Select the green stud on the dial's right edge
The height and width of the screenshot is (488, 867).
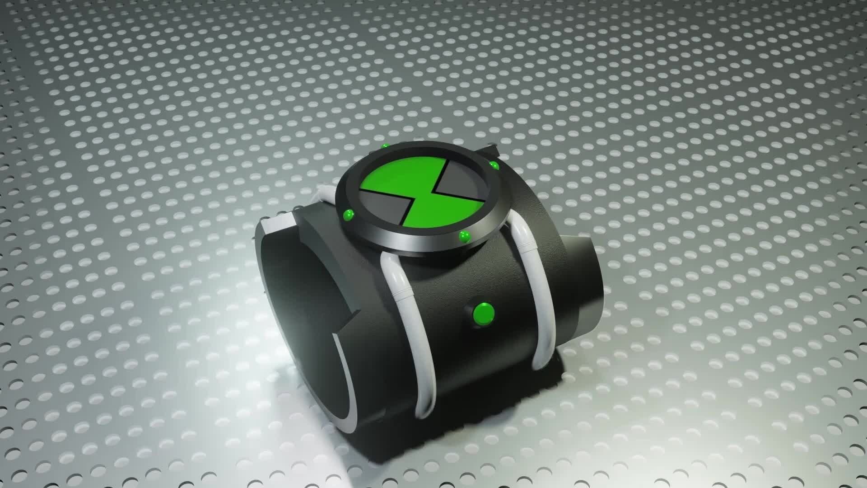click(x=495, y=165)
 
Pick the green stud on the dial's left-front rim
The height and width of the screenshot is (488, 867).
click(x=349, y=214)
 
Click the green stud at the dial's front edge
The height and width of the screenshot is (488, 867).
click(x=464, y=235)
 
